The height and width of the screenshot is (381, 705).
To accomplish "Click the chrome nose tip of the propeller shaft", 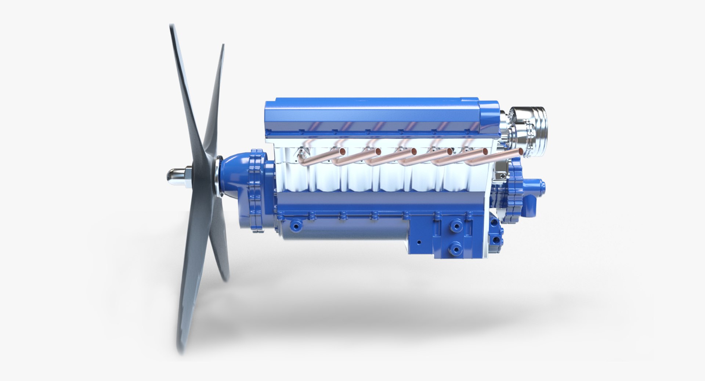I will [x=173, y=177].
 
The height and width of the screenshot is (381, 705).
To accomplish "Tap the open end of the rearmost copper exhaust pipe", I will [x=521, y=151].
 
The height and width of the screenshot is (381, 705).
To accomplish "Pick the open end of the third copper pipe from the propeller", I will [x=414, y=151].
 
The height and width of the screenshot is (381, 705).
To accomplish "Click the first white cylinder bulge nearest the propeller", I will [x=294, y=176].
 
